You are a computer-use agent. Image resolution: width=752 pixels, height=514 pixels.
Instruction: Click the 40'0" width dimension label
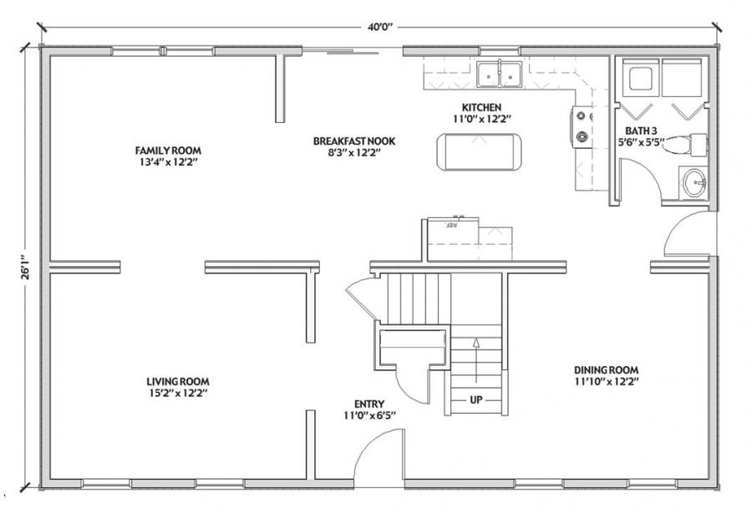pos(380,27)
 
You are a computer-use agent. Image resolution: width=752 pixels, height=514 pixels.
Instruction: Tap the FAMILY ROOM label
pos(168,150)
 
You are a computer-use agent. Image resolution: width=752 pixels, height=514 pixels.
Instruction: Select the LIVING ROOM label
pos(178,382)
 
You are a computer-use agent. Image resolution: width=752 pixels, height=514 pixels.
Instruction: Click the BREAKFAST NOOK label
pos(354,141)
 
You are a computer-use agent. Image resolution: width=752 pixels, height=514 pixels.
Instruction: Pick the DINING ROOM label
pos(607,370)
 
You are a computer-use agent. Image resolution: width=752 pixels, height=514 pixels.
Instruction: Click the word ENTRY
pos(369,405)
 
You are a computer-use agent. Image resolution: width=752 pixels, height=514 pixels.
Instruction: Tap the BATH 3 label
pos(641,130)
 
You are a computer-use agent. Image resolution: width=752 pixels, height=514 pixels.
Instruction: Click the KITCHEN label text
pos(481,108)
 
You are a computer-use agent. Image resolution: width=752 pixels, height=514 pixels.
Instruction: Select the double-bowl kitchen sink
pos(499,74)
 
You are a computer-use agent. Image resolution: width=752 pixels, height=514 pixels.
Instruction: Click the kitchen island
pos(479,151)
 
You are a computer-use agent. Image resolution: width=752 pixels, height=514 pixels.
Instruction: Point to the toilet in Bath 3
pos(684,145)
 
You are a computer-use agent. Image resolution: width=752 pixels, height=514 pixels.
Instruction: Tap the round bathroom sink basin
pos(694,183)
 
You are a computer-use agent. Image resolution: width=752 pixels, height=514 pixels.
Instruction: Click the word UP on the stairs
pos(475,399)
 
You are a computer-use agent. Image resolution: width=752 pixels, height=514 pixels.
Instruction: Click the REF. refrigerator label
pos(451,224)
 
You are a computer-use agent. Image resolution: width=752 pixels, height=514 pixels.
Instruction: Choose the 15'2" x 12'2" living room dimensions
pos(178,394)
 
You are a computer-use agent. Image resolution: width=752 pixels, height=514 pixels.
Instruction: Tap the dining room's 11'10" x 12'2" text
pos(607,382)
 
